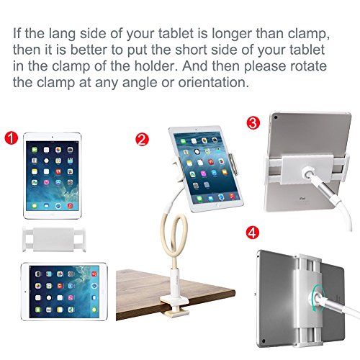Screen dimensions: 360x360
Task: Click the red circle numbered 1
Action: pyautogui.click(x=12, y=138)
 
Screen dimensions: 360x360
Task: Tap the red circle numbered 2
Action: pyautogui.click(x=142, y=140)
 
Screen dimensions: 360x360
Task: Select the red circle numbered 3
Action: pyautogui.click(x=253, y=122)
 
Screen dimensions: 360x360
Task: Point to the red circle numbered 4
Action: pyautogui.click(x=253, y=233)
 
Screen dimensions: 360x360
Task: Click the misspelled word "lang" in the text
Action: pyautogui.click(x=62, y=34)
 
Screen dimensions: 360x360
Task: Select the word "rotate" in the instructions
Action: pyautogui.click(x=309, y=66)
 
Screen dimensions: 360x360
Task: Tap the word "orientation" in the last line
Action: pyautogui.click(x=213, y=82)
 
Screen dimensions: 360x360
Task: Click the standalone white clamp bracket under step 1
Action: pyautogui.click(x=54, y=239)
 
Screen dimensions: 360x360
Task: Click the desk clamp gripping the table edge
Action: pyautogui.click(x=175, y=301)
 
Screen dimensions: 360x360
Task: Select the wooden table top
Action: pyautogui.click(x=175, y=294)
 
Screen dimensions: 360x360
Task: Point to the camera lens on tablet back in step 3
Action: pyautogui.click(x=276, y=117)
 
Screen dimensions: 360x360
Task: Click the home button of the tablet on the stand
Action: pyautogui.click(x=218, y=205)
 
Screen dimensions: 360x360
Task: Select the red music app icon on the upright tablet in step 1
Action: pyautogui.click(x=70, y=206)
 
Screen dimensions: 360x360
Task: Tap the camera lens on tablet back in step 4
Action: pyautogui.click(x=264, y=341)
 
